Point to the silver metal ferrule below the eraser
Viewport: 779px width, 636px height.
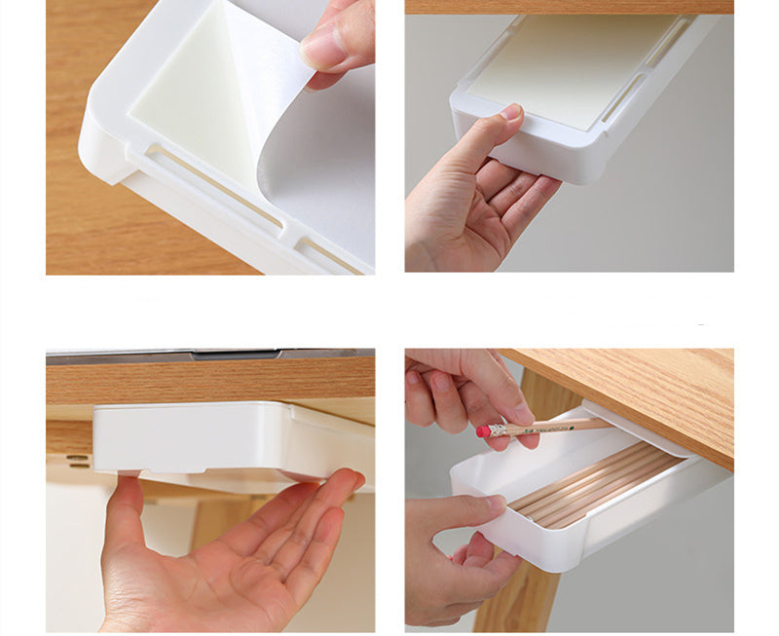tap(494, 429)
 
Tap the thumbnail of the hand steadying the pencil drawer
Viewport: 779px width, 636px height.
tap(494, 505)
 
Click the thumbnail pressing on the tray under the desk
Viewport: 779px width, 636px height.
tap(510, 112)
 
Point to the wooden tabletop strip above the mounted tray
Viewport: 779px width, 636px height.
tap(570, 7)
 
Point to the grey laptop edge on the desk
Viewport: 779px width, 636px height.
tap(209, 354)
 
